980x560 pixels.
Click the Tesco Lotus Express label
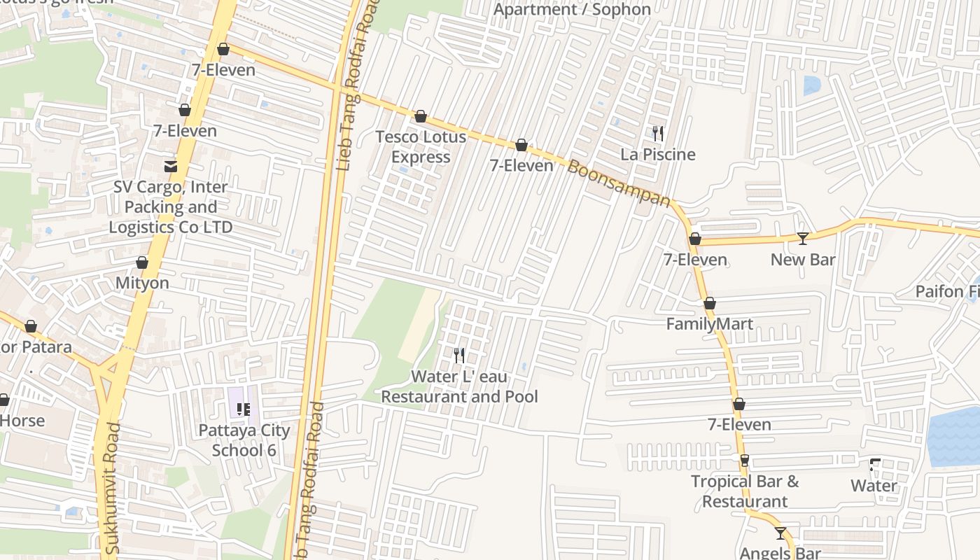[x=421, y=146]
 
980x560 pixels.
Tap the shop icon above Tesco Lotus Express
[x=421, y=116]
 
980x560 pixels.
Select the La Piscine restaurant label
[x=658, y=155]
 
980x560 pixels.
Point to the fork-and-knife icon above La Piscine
[x=658, y=133]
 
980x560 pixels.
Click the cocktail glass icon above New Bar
[x=803, y=239]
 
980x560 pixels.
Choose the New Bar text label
[x=803, y=260]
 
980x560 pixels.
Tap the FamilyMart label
[x=709, y=324]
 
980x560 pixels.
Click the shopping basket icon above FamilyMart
[x=709, y=303]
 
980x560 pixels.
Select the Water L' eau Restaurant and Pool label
[x=459, y=386]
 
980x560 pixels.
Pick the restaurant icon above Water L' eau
[x=459, y=356]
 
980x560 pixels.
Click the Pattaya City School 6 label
[x=244, y=440]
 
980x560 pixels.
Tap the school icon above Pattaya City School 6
[x=244, y=409]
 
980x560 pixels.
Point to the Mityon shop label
[x=142, y=283]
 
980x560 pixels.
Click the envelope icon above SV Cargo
[x=170, y=167]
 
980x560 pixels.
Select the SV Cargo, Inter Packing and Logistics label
[x=170, y=207]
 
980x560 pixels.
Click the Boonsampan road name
[x=619, y=183]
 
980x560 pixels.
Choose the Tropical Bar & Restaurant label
[x=745, y=491]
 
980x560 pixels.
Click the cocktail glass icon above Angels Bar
[x=780, y=533]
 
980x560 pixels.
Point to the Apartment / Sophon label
[x=572, y=9]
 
